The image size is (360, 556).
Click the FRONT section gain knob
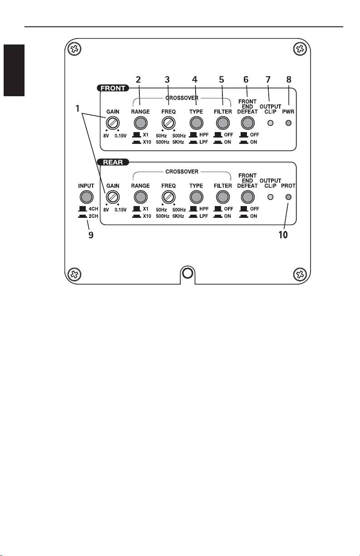point(112,123)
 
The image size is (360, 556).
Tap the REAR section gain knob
point(112,197)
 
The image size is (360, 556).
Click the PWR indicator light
point(288,123)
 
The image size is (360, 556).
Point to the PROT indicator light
point(288,197)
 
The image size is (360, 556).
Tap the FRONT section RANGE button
point(140,123)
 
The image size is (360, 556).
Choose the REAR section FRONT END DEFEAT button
point(247,197)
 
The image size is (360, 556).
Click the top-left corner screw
point(73,49)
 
